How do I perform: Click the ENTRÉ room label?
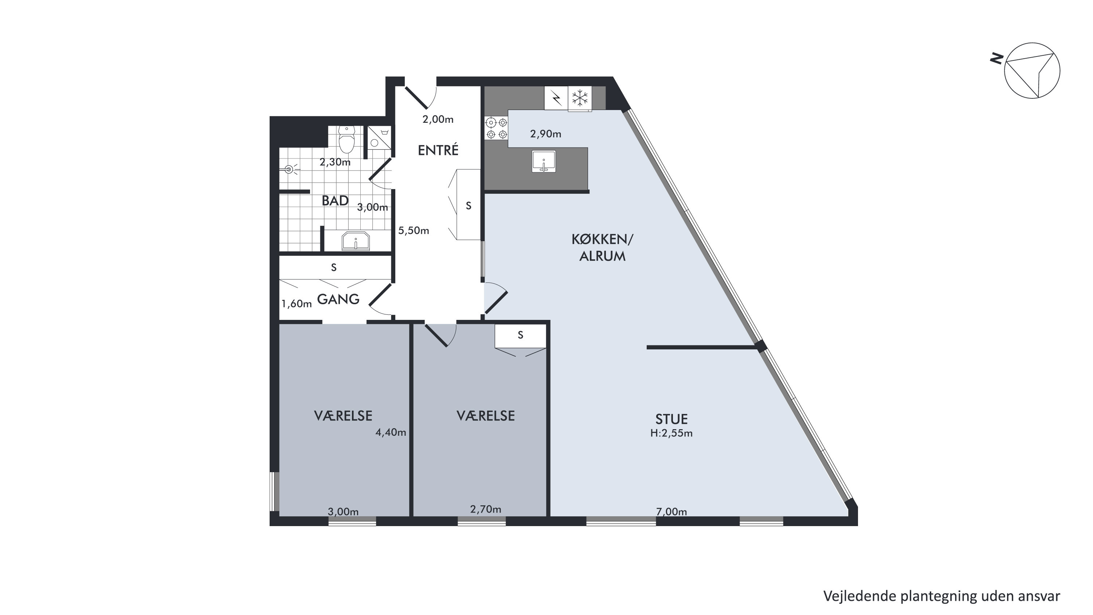[438, 150]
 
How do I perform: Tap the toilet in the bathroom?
[347, 139]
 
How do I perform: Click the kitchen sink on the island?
[544, 161]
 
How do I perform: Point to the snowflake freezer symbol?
[580, 98]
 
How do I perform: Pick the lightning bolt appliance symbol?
[556, 98]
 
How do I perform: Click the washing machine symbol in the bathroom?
[379, 137]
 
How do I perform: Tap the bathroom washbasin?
[356, 242]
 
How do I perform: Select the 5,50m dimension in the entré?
[414, 231]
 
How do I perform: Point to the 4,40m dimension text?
[391, 432]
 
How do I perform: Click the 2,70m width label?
[485, 509]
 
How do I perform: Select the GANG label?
[338, 299]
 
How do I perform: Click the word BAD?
[335, 201]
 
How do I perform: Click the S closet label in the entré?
[469, 206]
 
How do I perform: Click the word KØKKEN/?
[602, 240]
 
